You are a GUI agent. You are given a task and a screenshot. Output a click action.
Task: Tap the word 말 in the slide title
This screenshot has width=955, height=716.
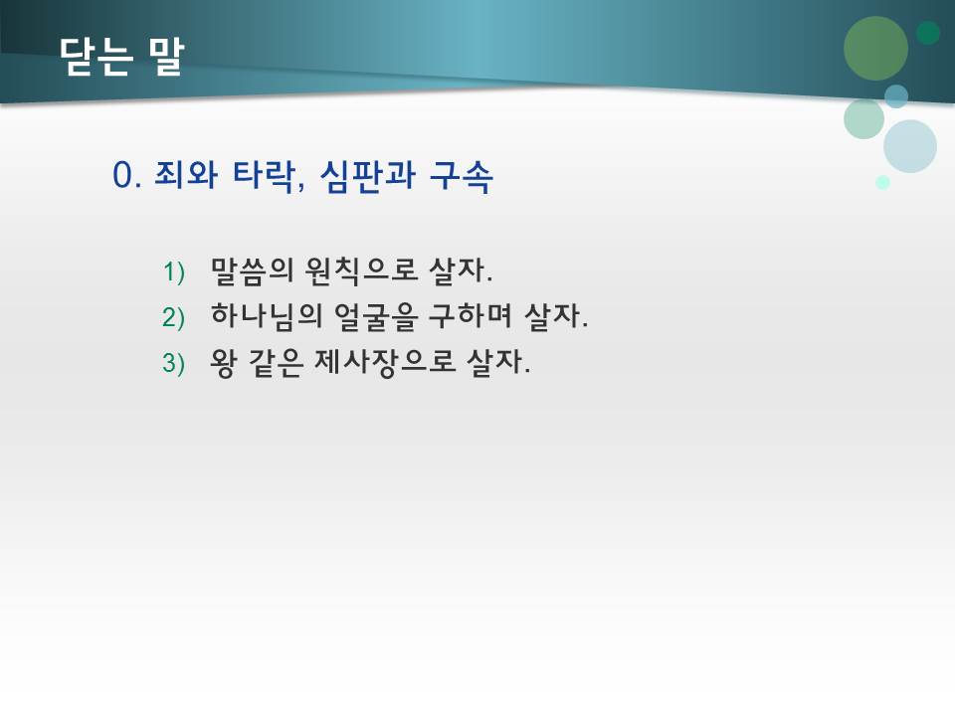pyautogui.click(x=165, y=57)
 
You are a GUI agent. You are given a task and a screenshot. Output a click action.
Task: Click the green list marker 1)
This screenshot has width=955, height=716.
pyautogui.click(x=175, y=270)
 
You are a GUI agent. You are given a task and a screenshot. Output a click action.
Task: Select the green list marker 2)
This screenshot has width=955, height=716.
pyautogui.click(x=175, y=317)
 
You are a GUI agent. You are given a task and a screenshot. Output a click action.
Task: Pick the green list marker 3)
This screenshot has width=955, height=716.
pyautogui.click(x=175, y=364)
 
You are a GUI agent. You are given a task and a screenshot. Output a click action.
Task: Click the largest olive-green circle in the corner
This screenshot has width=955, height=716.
pyautogui.click(x=875, y=48)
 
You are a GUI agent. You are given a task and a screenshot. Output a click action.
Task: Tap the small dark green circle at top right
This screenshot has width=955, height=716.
pyautogui.click(x=928, y=33)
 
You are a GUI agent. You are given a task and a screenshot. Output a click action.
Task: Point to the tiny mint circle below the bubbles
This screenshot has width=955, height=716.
pyautogui.click(x=882, y=182)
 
